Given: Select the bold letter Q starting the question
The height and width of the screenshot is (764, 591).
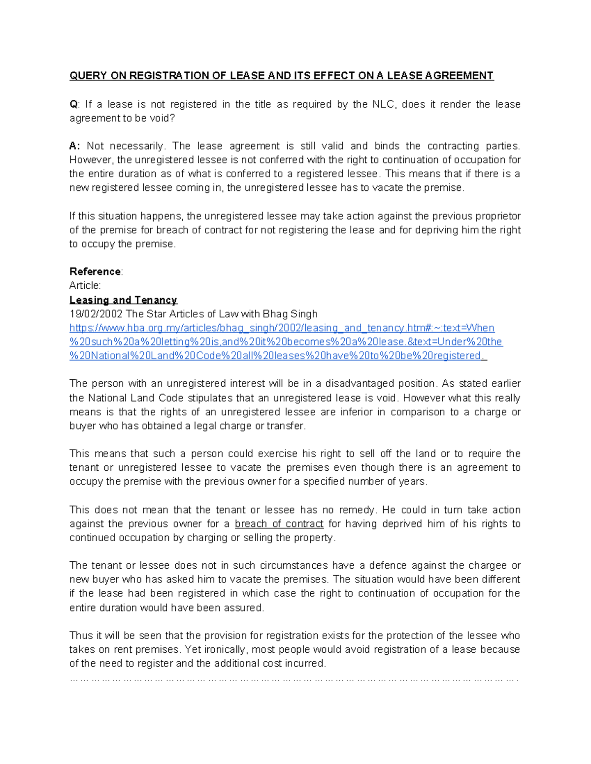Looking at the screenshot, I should (73, 104).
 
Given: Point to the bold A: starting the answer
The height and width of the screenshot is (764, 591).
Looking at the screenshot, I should (74, 146).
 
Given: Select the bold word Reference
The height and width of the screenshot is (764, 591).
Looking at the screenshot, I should (95, 272).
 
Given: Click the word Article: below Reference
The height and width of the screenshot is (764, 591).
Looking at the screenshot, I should (85, 285).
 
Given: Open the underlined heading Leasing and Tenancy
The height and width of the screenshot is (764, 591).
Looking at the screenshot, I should (123, 300).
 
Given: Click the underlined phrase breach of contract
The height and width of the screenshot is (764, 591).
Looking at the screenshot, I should (279, 524).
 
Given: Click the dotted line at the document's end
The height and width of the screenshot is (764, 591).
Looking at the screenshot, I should (294, 679).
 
